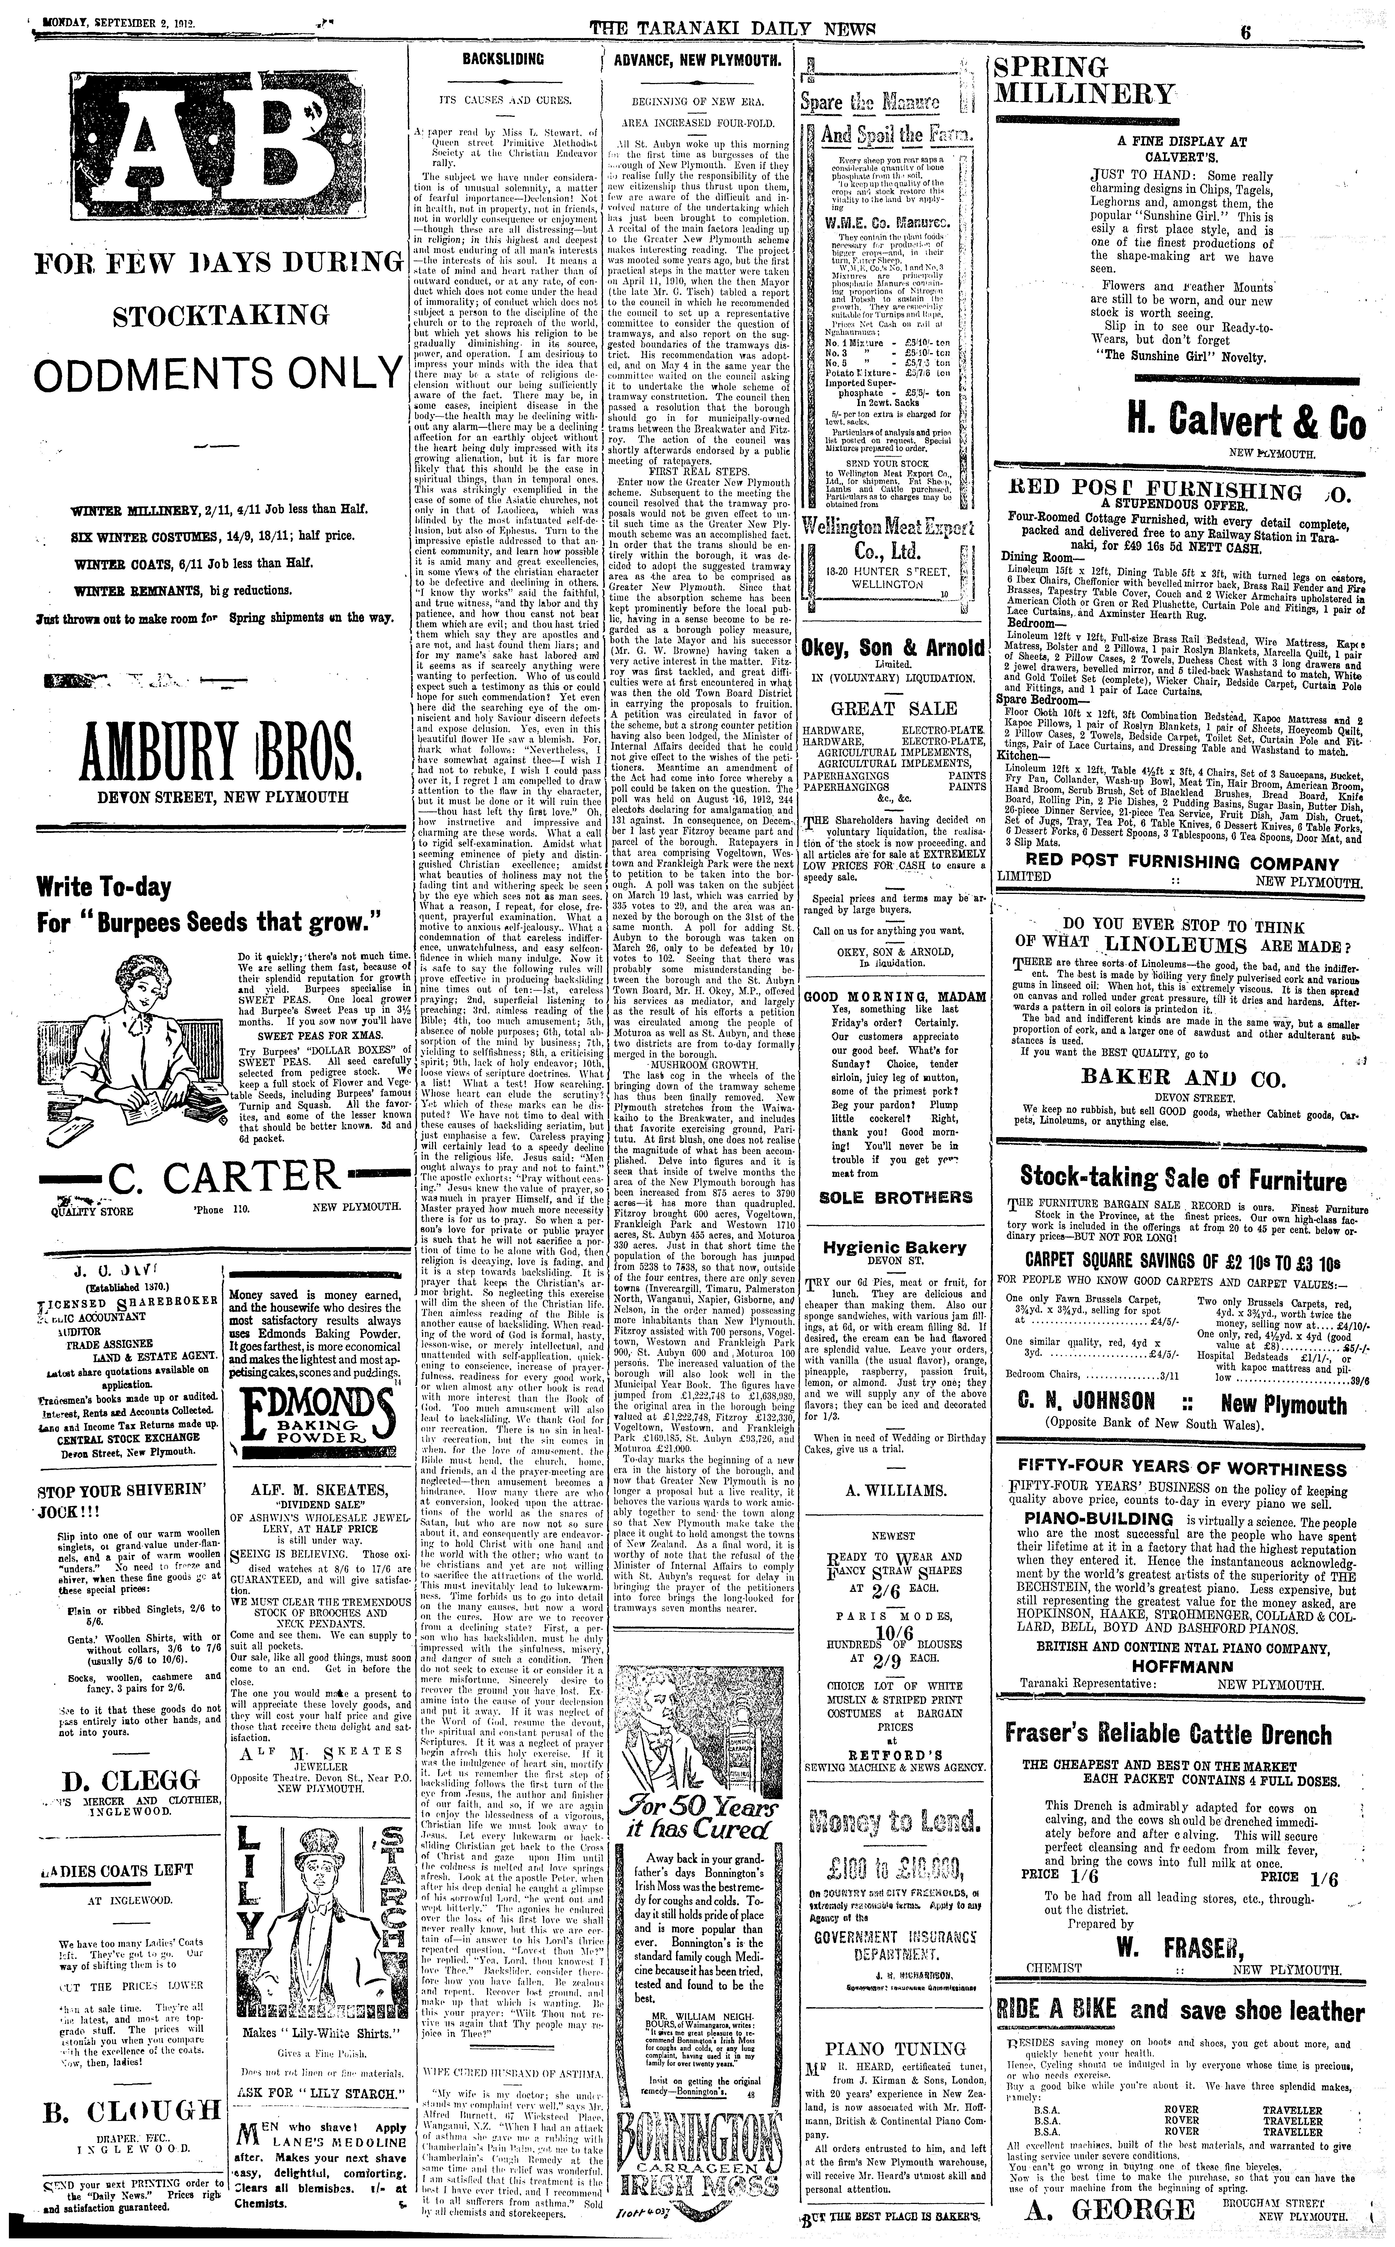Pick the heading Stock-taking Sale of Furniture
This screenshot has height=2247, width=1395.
click(x=1183, y=1179)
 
